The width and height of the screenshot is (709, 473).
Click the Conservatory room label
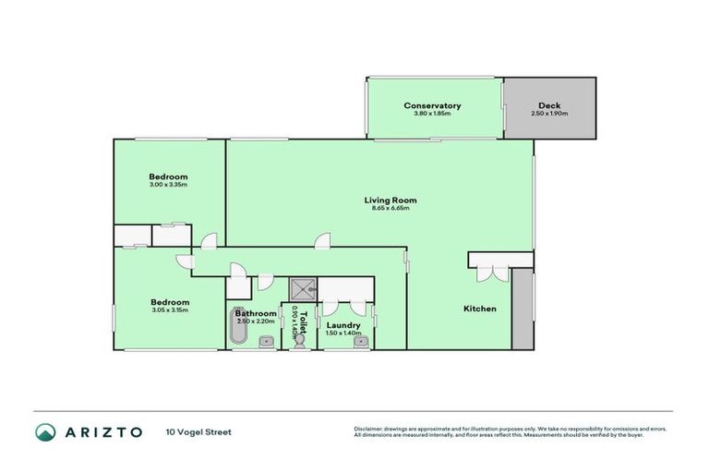(x=432, y=105)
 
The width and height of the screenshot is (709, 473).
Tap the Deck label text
(x=549, y=105)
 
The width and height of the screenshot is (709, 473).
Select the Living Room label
(x=390, y=200)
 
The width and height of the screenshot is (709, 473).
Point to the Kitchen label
(x=480, y=309)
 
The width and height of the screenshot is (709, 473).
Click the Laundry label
(x=343, y=324)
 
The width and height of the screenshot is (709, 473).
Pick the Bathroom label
(x=255, y=313)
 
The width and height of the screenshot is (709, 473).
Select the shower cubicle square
(x=302, y=290)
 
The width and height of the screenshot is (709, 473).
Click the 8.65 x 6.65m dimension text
(x=390, y=208)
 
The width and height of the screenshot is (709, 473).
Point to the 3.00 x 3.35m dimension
(x=169, y=185)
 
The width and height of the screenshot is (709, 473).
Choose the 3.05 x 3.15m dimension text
(x=170, y=310)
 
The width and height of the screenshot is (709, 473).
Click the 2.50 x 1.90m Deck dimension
(x=549, y=114)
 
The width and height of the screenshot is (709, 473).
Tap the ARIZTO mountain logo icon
(x=44, y=431)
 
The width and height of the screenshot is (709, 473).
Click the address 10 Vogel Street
(x=199, y=431)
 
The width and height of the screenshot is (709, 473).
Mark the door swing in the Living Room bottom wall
(x=321, y=242)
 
